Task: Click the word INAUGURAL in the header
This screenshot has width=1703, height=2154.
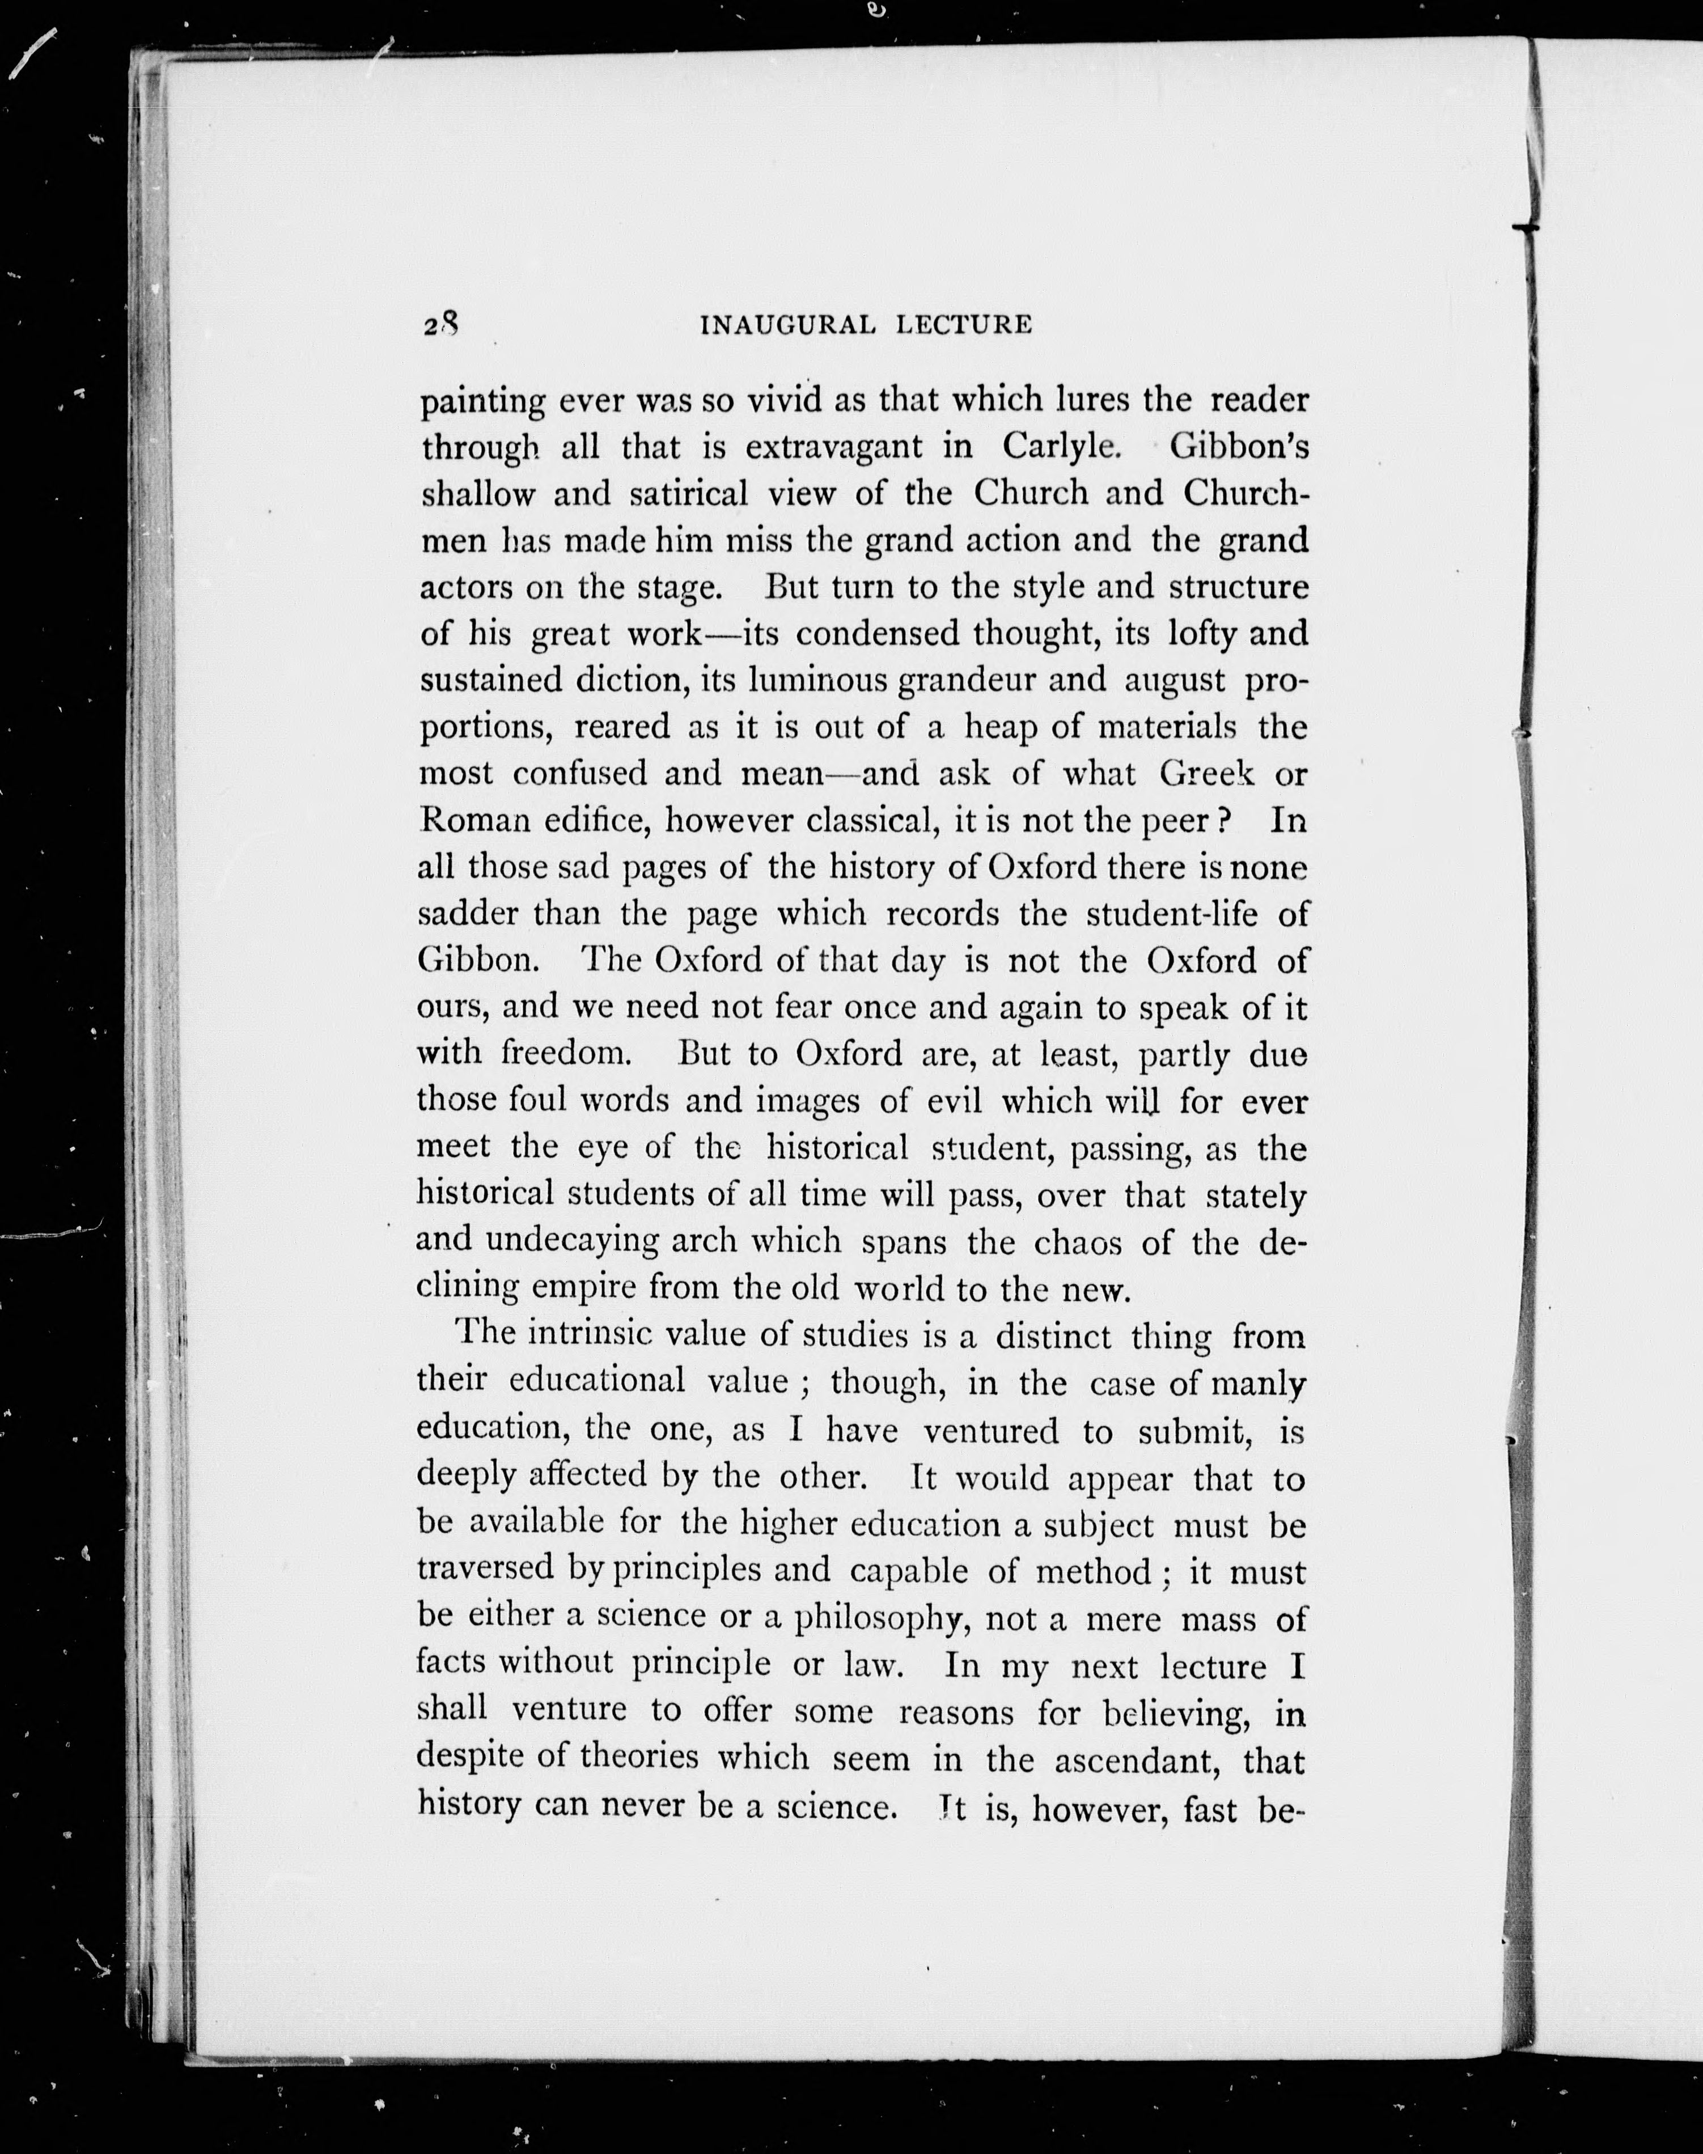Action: point(787,325)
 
